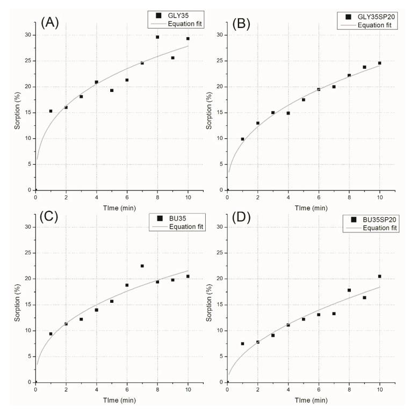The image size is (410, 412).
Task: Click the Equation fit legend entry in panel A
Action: click(x=172, y=24)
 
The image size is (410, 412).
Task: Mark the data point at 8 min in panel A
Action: click(x=157, y=37)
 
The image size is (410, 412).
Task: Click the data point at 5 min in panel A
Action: click(x=112, y=90)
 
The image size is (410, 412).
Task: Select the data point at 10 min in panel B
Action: click(x=379, y=63)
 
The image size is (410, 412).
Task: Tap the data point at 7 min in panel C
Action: click(x=142, y=266)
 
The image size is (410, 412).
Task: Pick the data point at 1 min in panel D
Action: click(x=242, y=343)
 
